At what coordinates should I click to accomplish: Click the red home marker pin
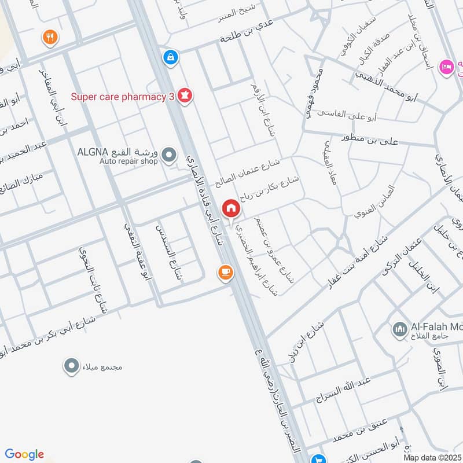(231, 208)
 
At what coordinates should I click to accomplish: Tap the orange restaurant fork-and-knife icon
(50, 38)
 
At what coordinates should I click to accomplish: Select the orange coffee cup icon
(225, 271)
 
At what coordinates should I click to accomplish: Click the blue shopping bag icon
(171, 57)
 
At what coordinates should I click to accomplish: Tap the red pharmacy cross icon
(185, 95)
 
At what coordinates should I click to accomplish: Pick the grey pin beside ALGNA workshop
(169, 155)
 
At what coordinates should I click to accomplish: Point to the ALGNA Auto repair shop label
(117, 157)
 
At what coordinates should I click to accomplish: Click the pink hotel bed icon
(446, 67)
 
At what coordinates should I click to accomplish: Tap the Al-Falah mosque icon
(400, 329)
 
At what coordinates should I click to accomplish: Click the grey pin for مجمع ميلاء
(71, 366)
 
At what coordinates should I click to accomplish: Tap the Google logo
(24, 454)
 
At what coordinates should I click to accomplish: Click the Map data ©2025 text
(432, 457)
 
